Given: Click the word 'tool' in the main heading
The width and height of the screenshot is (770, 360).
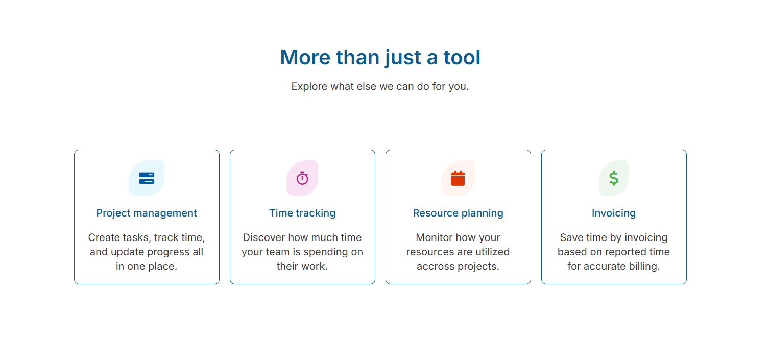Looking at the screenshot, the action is click(x=462, y=57).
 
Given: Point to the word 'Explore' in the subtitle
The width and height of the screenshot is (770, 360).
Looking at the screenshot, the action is click(x=309, y=86).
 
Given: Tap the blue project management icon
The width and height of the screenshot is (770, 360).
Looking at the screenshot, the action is click(x=147, y=178).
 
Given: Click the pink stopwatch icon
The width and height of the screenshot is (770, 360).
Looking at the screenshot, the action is click(x=302, y=178).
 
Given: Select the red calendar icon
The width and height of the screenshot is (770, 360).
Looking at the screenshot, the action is click(x=458, y=178).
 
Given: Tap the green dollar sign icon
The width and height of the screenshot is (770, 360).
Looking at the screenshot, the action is click(x=614, y=178).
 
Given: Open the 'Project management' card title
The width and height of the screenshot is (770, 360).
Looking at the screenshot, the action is click(x=147, y=213).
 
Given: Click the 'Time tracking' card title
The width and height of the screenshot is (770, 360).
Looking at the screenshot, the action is click(x=302, y=213).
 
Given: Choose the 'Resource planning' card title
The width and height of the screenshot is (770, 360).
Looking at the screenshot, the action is click(x=458, y=213).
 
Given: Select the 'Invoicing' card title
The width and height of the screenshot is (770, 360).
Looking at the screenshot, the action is click(x=614, y=213).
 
